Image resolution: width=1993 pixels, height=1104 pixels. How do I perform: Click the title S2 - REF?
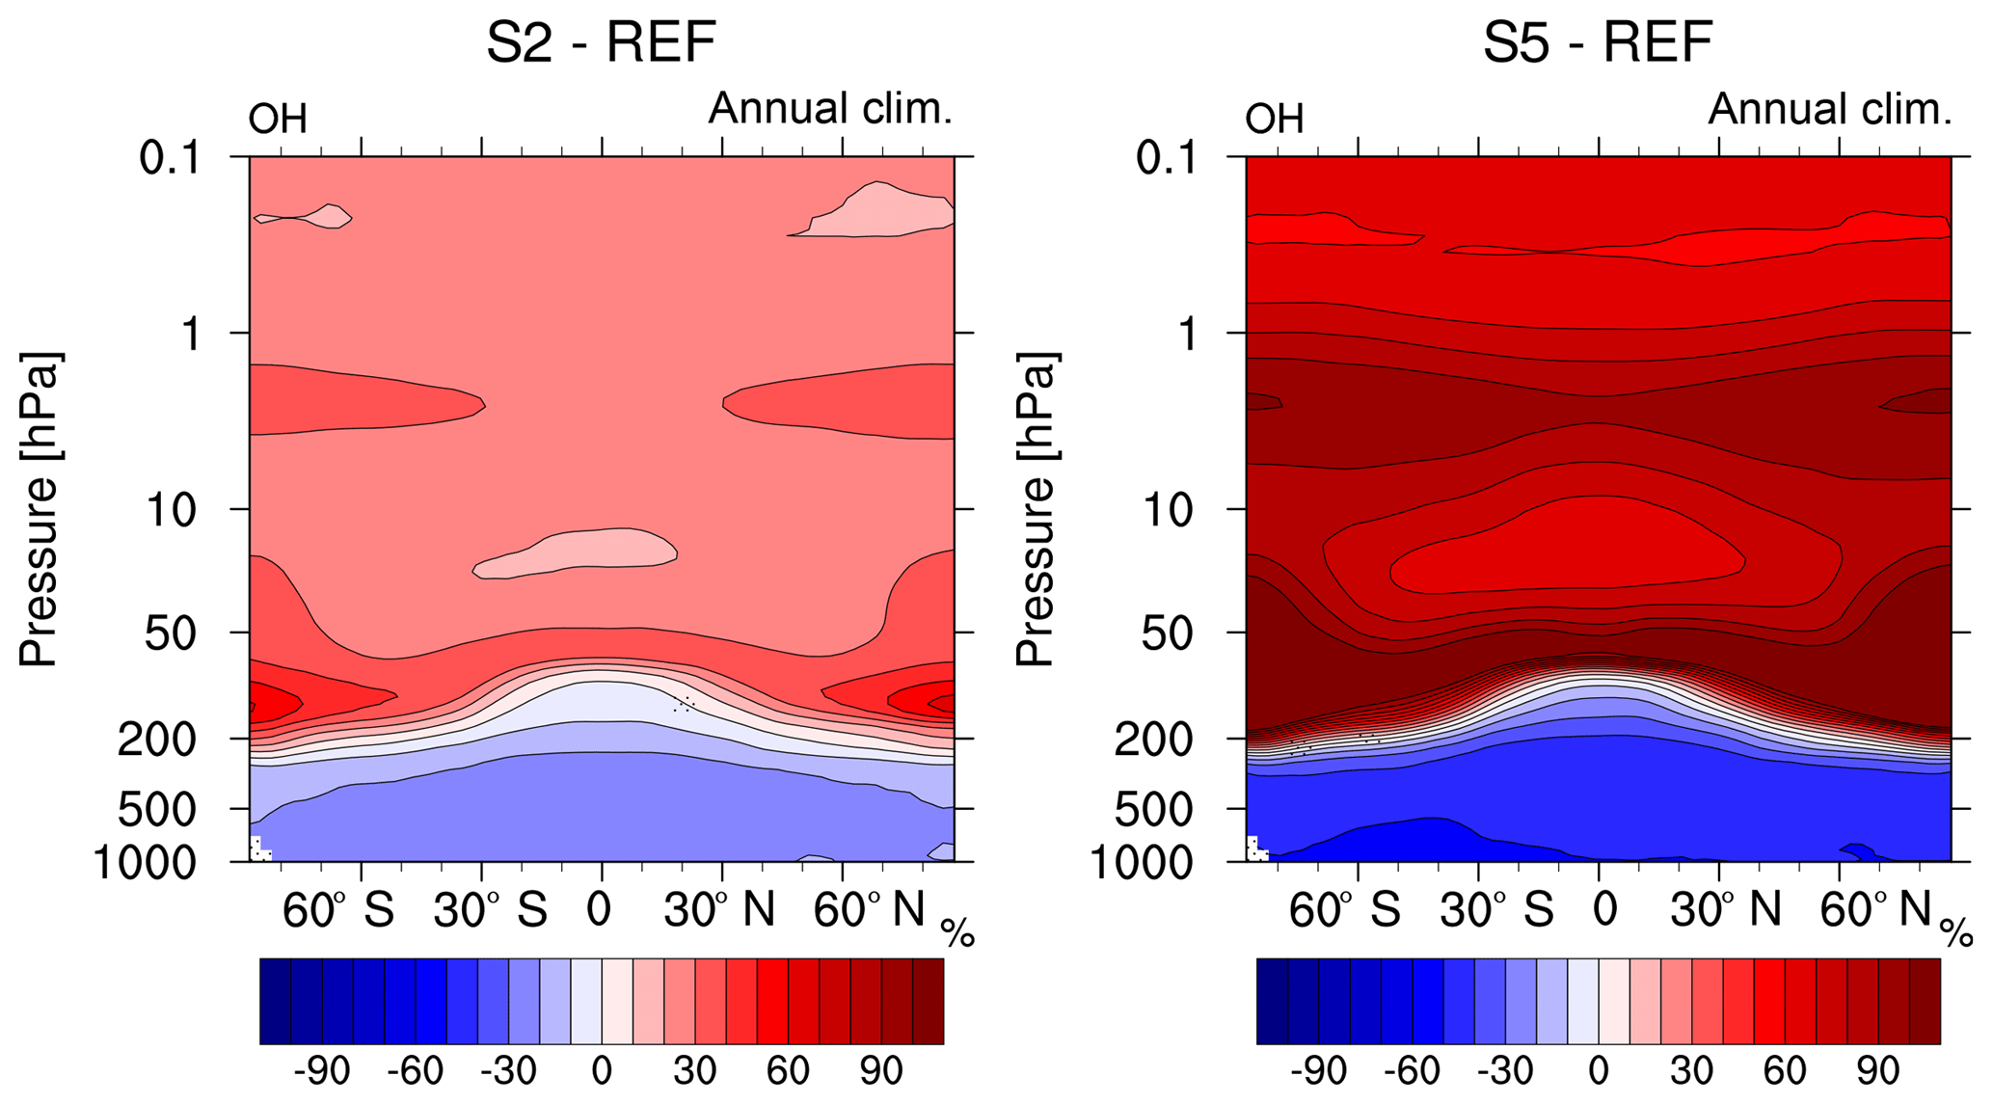click(x=601, y=43)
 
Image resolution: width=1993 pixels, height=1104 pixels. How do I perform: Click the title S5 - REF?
click(x=1598, y=43)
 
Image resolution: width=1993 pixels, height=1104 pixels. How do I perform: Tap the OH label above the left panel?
click(x=278, y=120)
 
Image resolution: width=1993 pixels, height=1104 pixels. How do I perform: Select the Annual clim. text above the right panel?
click(x=1829, y=109)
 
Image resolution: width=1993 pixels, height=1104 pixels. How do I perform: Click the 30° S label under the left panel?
click(x=490, y=909)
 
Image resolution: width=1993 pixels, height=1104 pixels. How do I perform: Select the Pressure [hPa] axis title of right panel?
click(x=1037, y=508)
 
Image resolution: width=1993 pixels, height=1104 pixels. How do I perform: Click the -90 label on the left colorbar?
click(x=321, y=1071)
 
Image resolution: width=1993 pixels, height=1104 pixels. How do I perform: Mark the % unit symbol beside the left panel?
click(x=958, y=932)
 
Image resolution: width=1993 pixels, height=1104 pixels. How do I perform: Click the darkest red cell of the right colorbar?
click(x=1925, y=1001)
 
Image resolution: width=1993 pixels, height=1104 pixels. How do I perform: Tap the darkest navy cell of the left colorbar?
click(x=276, y=1001)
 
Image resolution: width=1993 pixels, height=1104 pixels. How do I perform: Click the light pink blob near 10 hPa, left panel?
click(x=579, y=552)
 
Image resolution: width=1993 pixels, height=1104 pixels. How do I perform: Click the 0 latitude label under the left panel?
click(x=600, y=909)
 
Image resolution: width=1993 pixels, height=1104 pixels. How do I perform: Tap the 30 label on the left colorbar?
click(x=694, y=1071)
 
